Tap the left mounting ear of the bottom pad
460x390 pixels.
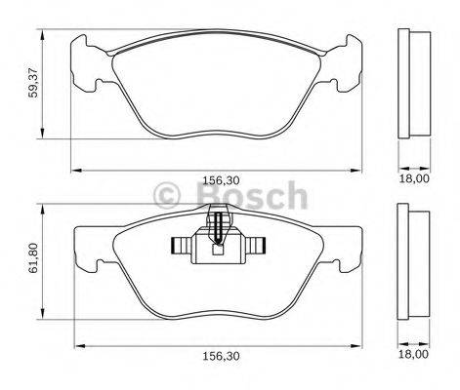pos(90,248)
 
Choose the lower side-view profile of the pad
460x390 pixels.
pos(415,261)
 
